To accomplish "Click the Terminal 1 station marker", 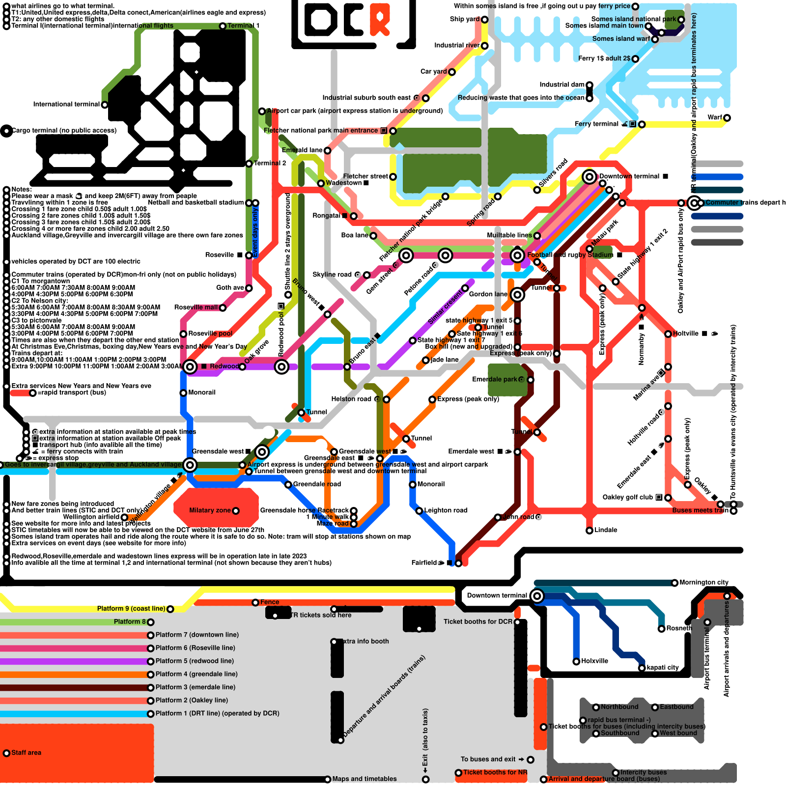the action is pyautogui.click(x=223, y=26).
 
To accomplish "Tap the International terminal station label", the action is pyautogui.click(x=66, y=104).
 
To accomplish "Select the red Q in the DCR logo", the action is pyautogui.click(x=380, y=20).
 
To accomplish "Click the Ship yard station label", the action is pyautogui.click(x=464, y=19).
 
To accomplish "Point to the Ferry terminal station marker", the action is pyautogui.click(x=642, y=124).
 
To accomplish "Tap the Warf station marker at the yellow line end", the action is pyautogui.click(x=727, y=118).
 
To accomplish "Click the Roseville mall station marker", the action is pyautogui.click(x=223, y=308).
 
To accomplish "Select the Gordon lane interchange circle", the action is pyautogui.click(x=517, y=295).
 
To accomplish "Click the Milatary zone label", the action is pyautogui.click(x=210, y=510).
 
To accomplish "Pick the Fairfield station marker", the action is pyautogui.click(x=458, y=563).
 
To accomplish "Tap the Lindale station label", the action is pyautogui.click(x=606, y=530).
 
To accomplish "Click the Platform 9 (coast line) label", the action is pyautogui.click(x=131, y=609).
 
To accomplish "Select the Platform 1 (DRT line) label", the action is pyautogui.click(x=217, y=713).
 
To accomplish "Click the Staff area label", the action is pyautogui.click(x=26, y=753).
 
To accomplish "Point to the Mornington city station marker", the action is pyautogui.click(x=674, y=583).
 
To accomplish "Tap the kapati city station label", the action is pyautogui.click(x=662, y=668).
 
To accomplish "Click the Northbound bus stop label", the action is pyautogui.click(x=619, y=707).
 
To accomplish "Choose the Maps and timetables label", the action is pyautogui.click(x=364, y=779).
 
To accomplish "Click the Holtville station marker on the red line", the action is pyautogui.click(x=668, y=334).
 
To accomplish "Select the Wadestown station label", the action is pyautogui.click(x=344, y=183).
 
